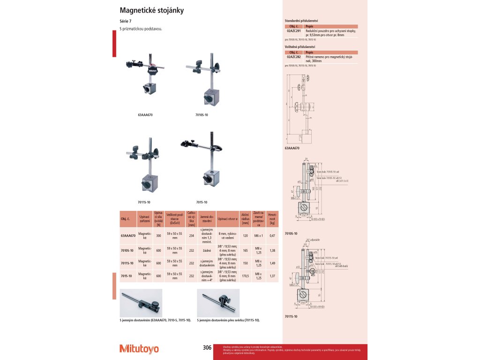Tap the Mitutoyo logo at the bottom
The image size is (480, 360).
tap(139, 349)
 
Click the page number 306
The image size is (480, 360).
tap(207, 347)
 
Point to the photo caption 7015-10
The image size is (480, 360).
tap(202, 202)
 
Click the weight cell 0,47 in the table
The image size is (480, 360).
tap(272, 236)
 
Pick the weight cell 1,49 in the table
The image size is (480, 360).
tap(272, 263)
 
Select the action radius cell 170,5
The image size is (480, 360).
tap(245, 276)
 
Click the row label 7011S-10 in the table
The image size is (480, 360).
tap(127, 263)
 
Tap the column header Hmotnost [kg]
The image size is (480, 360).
tap(272, 219)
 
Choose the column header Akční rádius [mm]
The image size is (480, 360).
tap(245, 219)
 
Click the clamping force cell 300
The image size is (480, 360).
tap(158, 236)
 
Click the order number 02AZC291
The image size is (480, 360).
tap(293, 30)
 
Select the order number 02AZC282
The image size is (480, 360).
tap(293, 56)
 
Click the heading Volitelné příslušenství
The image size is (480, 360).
tap(300, 47)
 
